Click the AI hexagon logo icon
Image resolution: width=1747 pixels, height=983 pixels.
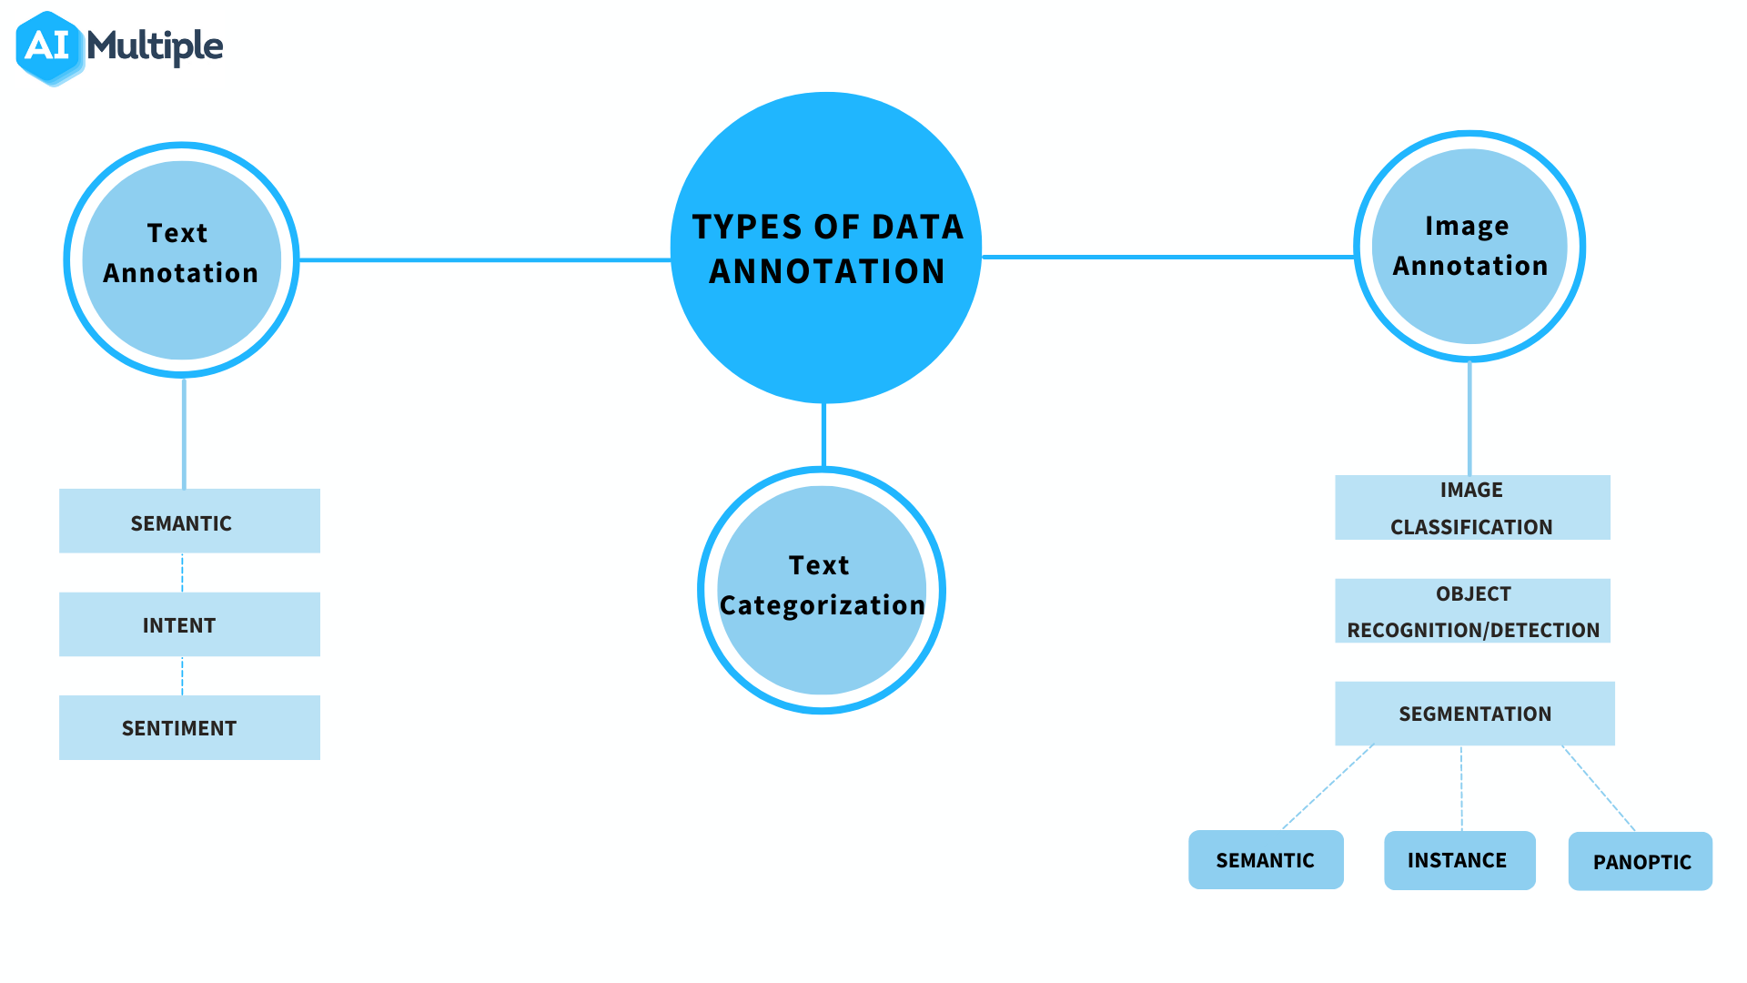pyautogui.click(x=50, y=47)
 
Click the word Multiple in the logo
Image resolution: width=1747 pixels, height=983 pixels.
pyautogui.click(x=155, y=46)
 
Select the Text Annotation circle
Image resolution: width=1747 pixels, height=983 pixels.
pyautogui.click(x=182, y=260)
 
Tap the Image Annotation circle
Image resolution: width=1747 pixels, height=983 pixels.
pyautogui.click(x=1469, y=247)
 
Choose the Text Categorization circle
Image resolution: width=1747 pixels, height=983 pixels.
pyautogui.click(x=822, y=590)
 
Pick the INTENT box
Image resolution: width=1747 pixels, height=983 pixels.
pyautogui.click(x=189, y=624)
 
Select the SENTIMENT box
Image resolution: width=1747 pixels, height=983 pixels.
pyautogui.click(x=189, y=727)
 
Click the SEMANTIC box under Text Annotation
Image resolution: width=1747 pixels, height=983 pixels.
pyautogui.click(x=189, y=521)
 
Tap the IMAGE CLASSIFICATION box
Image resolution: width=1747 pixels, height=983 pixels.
pyautogui.click(x=1472, y=507)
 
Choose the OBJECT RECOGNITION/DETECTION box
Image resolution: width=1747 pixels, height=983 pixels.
pyautogui.click(x=1472, y=611)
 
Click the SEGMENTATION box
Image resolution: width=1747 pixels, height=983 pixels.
pyautogui.click(x=1475, y=714)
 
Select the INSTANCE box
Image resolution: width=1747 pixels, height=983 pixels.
pyautogui.click(x=1459, y=860)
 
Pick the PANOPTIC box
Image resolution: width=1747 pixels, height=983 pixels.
pyautogui.click(x=1641, y=861)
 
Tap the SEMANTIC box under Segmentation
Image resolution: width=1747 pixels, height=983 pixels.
pyautogui.click(x=1266, y=859)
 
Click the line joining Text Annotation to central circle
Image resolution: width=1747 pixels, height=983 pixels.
pyautogui.click(x=485, y=260)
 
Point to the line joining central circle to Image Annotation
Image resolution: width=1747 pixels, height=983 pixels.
pyautogui.click(x=1168, y=257)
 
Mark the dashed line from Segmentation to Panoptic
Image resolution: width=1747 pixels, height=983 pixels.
pyautogui.click(x=1599, y=788)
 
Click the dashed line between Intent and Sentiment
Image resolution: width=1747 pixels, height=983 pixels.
pyautogui.click(x=182, y=675)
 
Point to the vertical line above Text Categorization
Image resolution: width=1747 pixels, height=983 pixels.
pyautogui.click(x=823, y=435)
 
